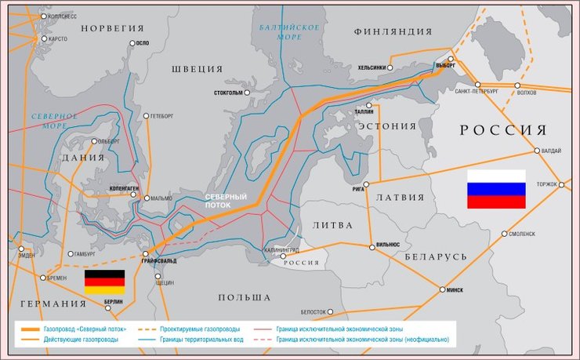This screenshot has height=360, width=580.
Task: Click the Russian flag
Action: coord(496,189)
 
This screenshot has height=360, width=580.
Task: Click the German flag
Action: coord(104,282)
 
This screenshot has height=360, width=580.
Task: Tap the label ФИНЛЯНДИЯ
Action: coord(393,31)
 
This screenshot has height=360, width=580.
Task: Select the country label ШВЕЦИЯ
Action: coord(197,69)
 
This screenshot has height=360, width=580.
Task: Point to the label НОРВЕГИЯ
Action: coord(113,28)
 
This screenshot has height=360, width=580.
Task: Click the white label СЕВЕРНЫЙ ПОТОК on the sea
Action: coord(226,201)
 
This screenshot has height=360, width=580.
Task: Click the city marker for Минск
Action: coord(443,289)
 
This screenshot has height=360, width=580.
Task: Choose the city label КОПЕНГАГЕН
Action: coord(118,189)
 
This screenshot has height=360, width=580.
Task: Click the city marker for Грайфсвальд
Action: coord(147,253)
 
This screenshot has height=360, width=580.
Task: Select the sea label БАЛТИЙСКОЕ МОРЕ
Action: coord(289,32)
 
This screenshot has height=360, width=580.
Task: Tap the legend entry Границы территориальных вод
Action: coord(198,340)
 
